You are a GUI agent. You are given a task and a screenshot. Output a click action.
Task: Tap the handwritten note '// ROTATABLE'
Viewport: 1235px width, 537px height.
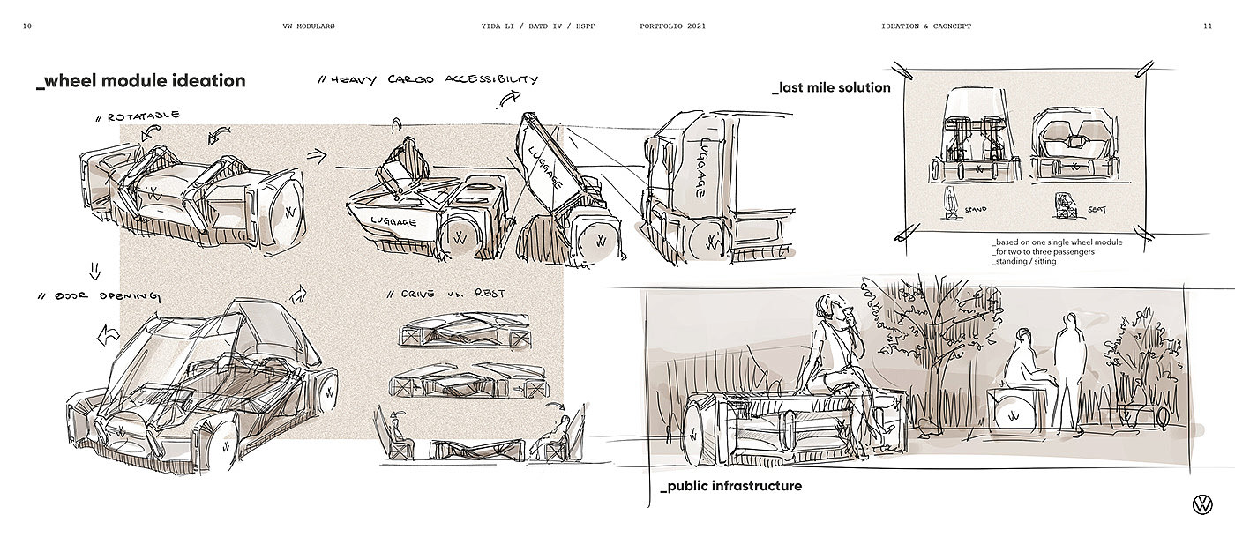pyautogui.click(x=142, y=116)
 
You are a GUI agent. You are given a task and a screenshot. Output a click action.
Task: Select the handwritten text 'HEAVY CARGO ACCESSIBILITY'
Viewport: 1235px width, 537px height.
pyautogui.click(x=432, y=80)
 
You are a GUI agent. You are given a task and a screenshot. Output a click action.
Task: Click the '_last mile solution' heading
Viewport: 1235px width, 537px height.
pyautogui.click(x=831, y=87)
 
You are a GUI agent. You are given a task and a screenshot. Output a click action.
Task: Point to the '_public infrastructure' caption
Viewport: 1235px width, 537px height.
pyautogui.click(x=731, y=486)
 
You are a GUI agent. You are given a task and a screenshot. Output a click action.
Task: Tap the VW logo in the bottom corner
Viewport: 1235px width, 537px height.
pyautogui.click(x=1201, y=505)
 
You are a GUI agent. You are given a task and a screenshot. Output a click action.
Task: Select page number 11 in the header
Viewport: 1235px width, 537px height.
pyautogui.click(x=1207, y=26)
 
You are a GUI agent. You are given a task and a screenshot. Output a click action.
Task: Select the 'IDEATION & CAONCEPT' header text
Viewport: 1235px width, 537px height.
pyautogui.click(x=926, y=26)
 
